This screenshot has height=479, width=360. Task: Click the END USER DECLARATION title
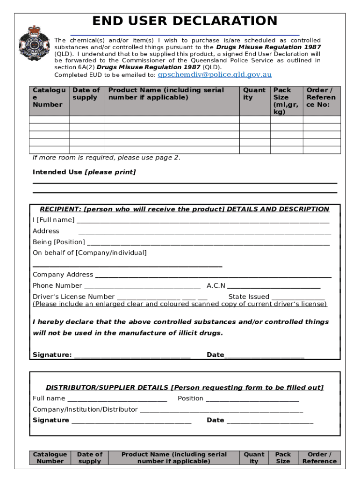[185, 21]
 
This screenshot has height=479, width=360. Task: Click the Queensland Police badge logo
[34, 44]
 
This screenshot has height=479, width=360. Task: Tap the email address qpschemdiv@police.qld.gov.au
[215, 75]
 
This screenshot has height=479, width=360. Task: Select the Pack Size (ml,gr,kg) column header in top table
[286, 101]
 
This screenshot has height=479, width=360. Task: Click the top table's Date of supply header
[86, 94]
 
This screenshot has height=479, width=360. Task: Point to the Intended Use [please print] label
[84, 172]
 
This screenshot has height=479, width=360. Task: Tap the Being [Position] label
[59, 242]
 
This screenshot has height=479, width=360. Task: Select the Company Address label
[63, 275]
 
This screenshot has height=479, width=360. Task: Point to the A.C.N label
[216, 286]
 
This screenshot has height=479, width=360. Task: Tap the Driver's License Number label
[73, 297]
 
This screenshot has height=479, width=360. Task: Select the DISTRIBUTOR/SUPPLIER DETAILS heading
[185, 387]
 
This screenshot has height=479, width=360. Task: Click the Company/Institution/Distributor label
[85, 409]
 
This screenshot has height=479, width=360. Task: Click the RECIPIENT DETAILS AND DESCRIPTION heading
[185, 209]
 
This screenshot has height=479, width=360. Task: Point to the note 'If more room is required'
[106, 158]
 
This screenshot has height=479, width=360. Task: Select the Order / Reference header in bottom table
[319, 457]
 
